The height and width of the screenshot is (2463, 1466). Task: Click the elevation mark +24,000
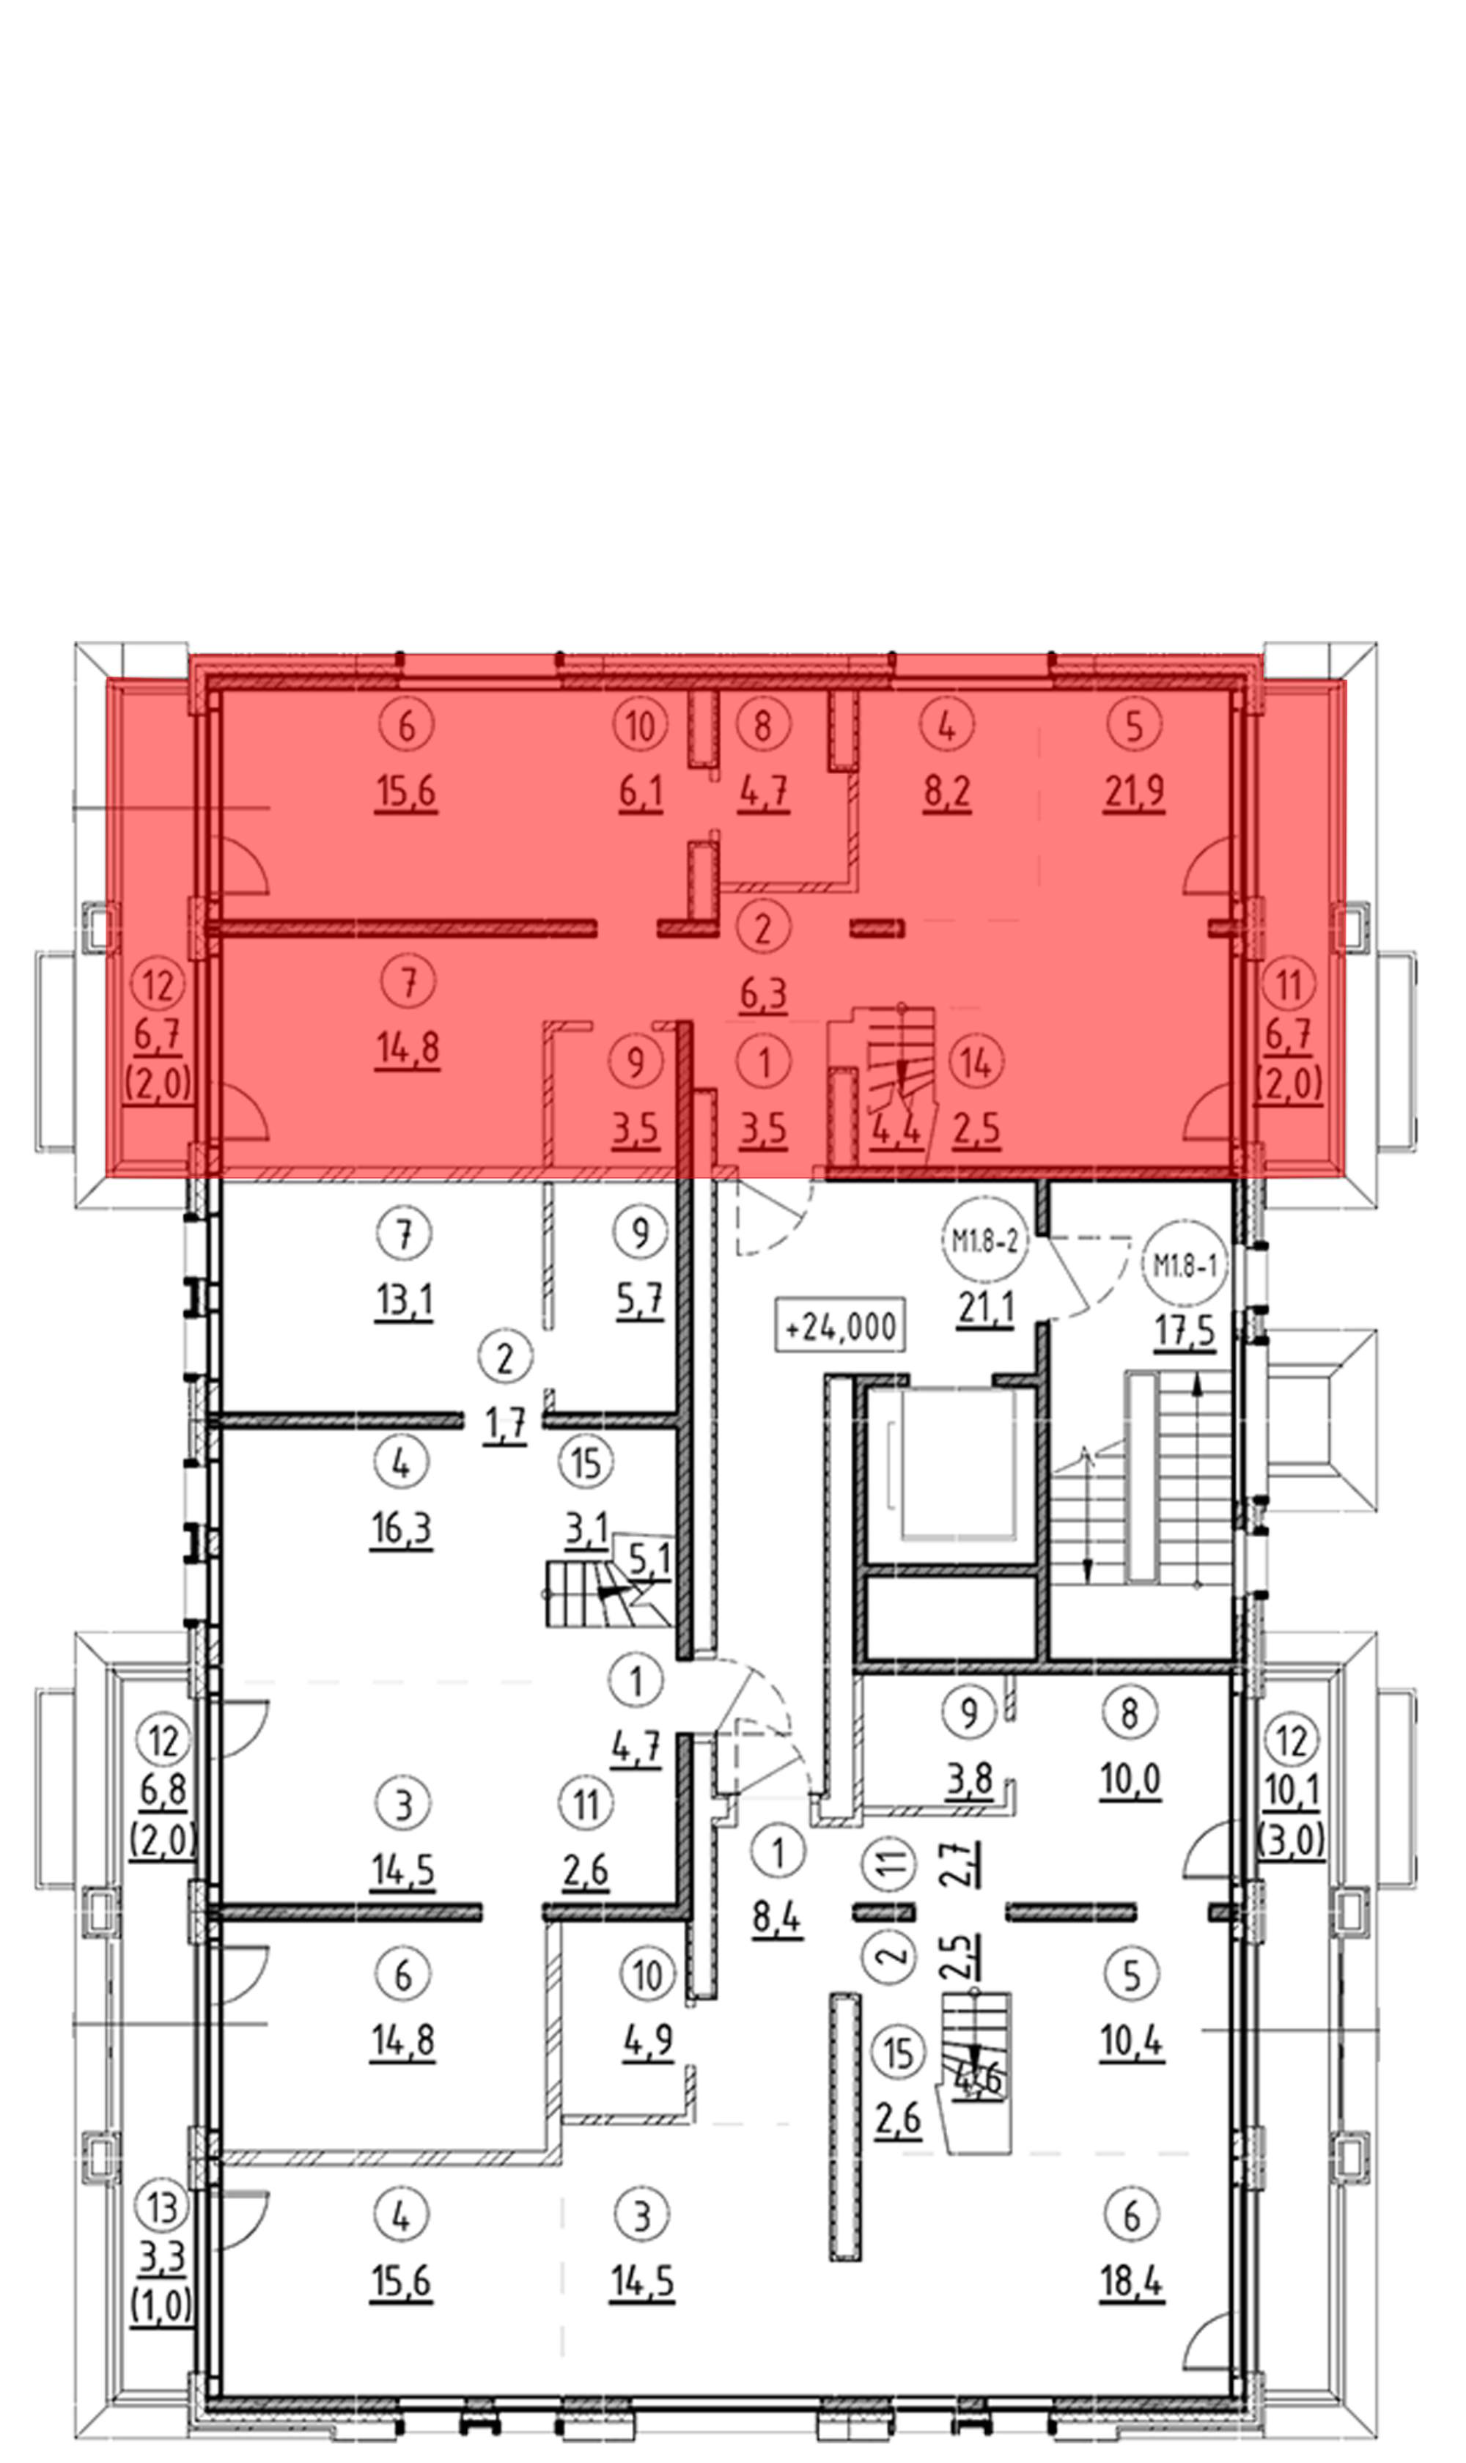(x=841, y=1327)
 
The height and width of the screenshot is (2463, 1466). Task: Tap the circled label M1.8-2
(x=983, y=1241)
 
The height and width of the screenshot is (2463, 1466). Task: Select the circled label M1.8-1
(x=1185, y=1264)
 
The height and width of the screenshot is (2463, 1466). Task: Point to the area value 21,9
(x=1134, y=792)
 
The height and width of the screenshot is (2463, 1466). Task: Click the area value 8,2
(x=947, y=792)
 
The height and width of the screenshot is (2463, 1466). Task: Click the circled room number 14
(x=976, y=1062)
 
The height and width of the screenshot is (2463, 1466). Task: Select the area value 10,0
(x=1131, y=1781)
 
